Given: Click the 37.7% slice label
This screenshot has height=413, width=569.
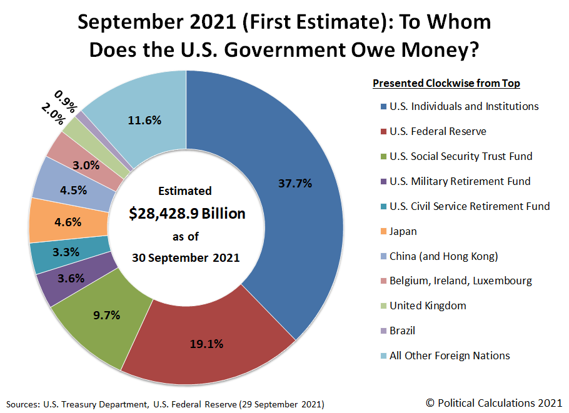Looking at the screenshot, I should point(296,183).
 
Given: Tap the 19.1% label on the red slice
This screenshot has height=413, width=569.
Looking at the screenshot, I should point(206,343).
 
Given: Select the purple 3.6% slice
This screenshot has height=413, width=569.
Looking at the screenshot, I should point(70,279).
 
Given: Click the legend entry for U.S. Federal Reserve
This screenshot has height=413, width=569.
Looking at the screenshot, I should point(438,131).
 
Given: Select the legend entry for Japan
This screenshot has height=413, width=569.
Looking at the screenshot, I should point(403,231).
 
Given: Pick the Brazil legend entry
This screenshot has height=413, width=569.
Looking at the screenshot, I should point(402,331).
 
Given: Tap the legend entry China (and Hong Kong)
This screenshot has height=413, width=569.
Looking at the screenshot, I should point(443,256).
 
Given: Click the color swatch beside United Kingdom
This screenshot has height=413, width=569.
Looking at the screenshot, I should point(382,306).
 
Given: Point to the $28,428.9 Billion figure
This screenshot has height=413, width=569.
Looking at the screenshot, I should point(187,214).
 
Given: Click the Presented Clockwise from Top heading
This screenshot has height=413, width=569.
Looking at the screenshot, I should point(446,83).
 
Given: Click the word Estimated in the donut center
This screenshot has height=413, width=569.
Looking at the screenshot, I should point(184,191).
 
